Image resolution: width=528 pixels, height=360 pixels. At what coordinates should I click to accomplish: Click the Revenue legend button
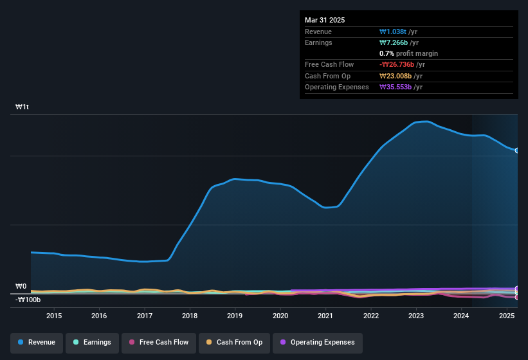[37, 343]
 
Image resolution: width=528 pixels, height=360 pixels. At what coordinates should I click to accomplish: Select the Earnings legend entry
[92, 343]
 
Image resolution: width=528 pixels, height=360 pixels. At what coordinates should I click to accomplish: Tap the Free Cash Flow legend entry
[159, 343]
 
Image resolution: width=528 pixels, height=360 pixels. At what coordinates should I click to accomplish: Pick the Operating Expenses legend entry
[317, 343]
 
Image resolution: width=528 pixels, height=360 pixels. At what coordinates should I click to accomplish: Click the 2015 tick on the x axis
[54, 316]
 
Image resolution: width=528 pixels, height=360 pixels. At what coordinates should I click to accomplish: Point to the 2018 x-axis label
[190, 316]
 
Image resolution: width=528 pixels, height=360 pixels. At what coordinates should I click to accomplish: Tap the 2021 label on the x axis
[325, 316]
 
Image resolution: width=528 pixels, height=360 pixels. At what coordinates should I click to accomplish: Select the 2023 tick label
[416, 316]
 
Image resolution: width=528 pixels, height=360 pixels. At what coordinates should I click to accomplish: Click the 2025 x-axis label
[507, 316]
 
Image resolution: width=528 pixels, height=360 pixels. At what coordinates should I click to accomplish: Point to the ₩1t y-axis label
[23, 107]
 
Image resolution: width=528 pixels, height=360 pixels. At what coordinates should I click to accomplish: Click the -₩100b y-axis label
[28, 300]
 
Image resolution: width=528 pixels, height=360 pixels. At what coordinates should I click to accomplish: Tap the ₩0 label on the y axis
[21, 286]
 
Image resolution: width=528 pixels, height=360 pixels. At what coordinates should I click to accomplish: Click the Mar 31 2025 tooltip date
[325, 20]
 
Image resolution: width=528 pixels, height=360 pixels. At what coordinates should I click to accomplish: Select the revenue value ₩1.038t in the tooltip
[394, 32]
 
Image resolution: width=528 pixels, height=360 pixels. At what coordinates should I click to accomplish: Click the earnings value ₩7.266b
[394, 42]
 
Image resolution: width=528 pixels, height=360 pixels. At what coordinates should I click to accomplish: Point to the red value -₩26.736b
[396, 65]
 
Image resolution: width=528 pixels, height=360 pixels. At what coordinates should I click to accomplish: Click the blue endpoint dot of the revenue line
[517, 150]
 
